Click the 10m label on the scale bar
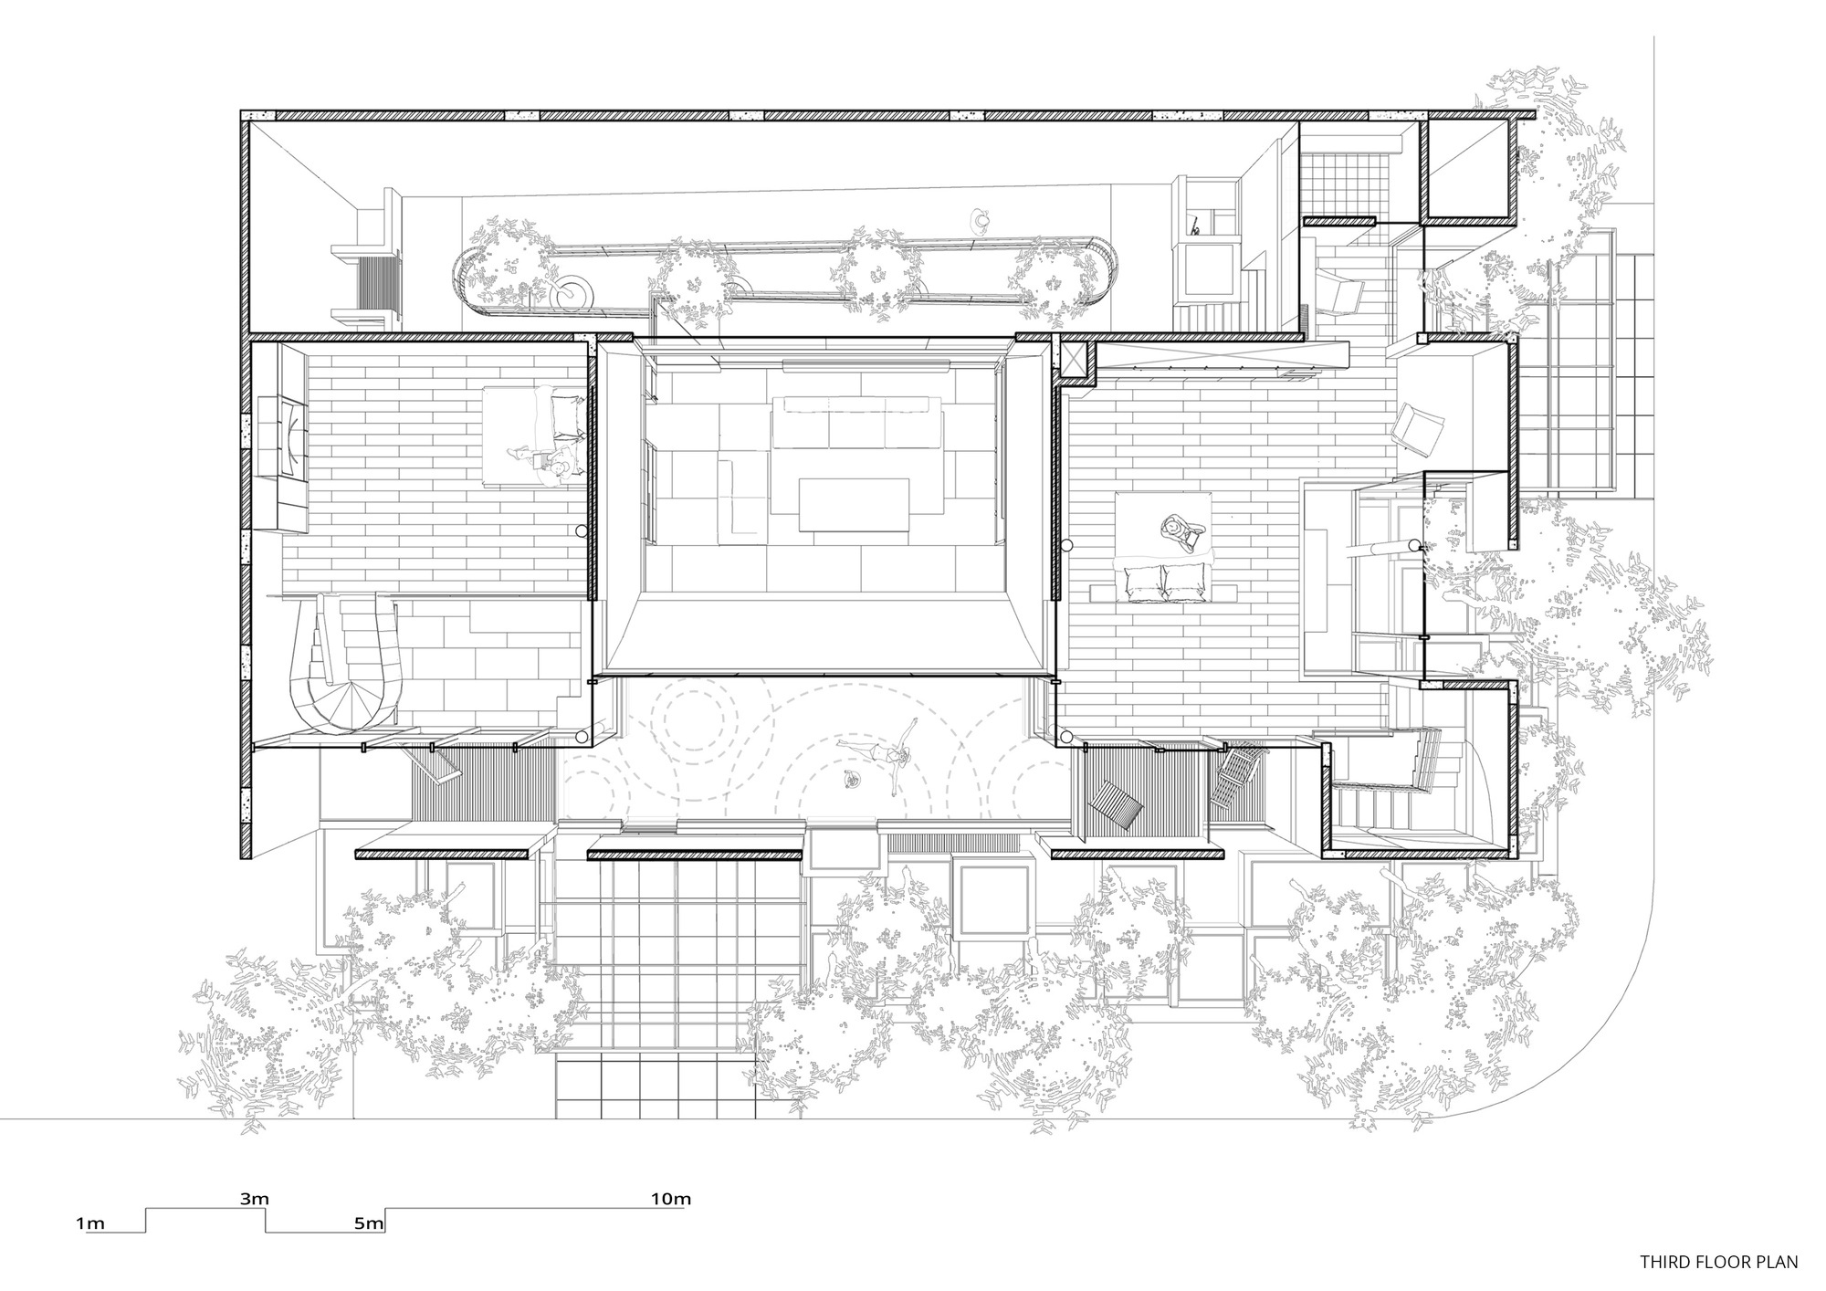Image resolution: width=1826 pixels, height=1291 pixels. click(x=670, y=1199)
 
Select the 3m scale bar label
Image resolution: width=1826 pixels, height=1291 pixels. click(x=255, y=1199)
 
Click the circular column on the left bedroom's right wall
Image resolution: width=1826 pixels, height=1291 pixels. click(x=581, y=530)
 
